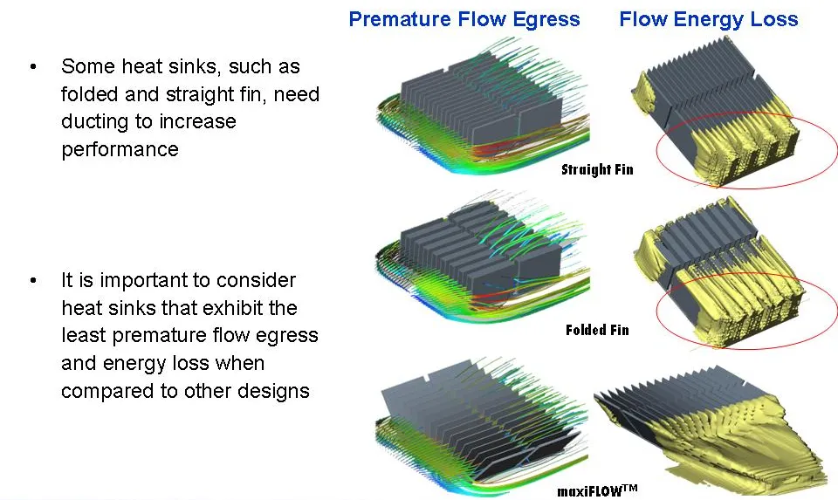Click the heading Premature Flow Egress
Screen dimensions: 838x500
click(x=464, y=20)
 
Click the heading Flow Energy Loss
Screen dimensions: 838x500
click(x=709, y=20)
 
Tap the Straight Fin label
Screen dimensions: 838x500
click(x=597, y=170)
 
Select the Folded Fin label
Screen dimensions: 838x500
click(x=597, y=330)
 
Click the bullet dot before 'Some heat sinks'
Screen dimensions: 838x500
click(x=34, y=67)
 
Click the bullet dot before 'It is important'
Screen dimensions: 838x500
click(x=34, y=280)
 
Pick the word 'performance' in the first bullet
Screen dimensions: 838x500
click(x=120, y=149)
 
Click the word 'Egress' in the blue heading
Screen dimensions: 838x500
click(x=546, y=20)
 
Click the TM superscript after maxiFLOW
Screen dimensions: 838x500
click(x=630, y=487)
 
